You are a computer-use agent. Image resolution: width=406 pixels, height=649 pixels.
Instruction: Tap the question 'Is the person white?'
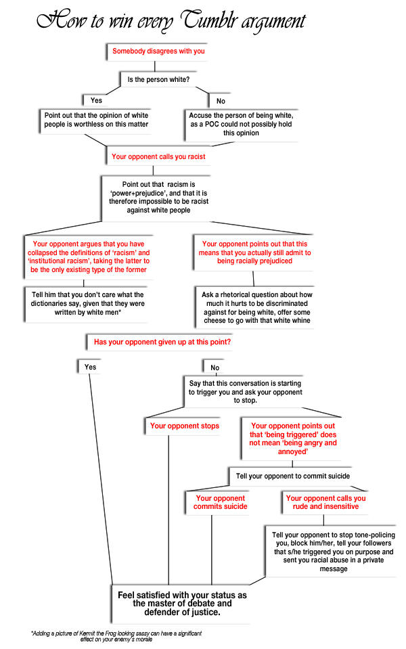(x=159, y=80)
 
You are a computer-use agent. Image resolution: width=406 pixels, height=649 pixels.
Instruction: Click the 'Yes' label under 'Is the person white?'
(x=96, y=100)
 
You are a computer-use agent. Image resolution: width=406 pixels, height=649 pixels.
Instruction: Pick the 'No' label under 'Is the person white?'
(x=221, y=101)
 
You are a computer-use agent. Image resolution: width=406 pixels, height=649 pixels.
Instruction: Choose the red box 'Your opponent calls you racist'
(x=158, y=157)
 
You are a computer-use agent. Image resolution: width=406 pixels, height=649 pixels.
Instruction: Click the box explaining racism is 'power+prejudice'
(x=158, y=197)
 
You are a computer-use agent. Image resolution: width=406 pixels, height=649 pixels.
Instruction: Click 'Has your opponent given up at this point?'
(x=162, y=342)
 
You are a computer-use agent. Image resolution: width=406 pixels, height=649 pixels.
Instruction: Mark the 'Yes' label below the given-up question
(x=90, y=367)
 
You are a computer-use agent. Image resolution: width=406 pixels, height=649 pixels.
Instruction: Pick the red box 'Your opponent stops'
(x=184, y=426)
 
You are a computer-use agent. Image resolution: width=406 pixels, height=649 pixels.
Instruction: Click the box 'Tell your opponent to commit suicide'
(x=292, y=476)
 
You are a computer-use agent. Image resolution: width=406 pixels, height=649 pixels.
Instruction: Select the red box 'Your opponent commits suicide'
(x=220, y=502)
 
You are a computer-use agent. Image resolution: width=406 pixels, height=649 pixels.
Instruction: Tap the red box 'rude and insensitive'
(x=325, y=502)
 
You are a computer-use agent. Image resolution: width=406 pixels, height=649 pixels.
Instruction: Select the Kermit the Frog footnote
(x=115, y=635)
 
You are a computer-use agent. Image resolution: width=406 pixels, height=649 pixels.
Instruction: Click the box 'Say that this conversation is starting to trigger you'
(x=245, y=392)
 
